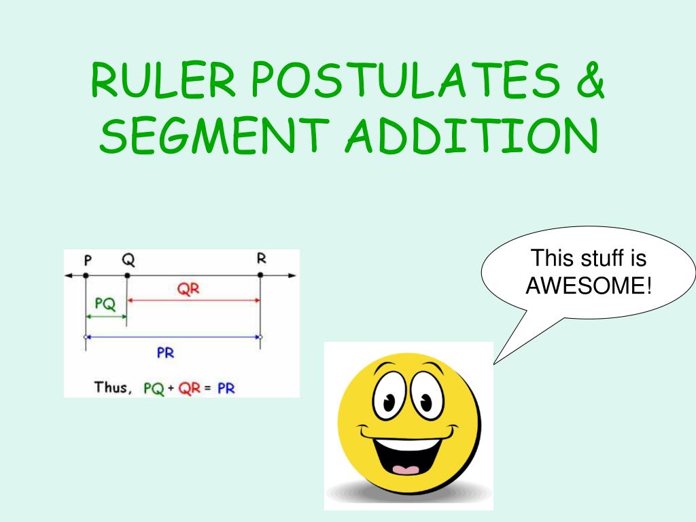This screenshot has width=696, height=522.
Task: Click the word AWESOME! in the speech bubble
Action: [x=589, y=285]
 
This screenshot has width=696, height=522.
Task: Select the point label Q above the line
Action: [x=128, y=259]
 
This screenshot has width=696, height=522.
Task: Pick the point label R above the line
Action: [x=262, y=258]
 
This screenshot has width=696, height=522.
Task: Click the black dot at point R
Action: [x=260, y=275]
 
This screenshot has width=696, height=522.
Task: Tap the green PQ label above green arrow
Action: [x=105, y=304]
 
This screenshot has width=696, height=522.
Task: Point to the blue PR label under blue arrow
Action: [x=166, y=353]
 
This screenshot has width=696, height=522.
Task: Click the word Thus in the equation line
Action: [x=111, y=387]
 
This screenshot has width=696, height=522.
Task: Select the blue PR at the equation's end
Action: [x=226, y=389]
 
